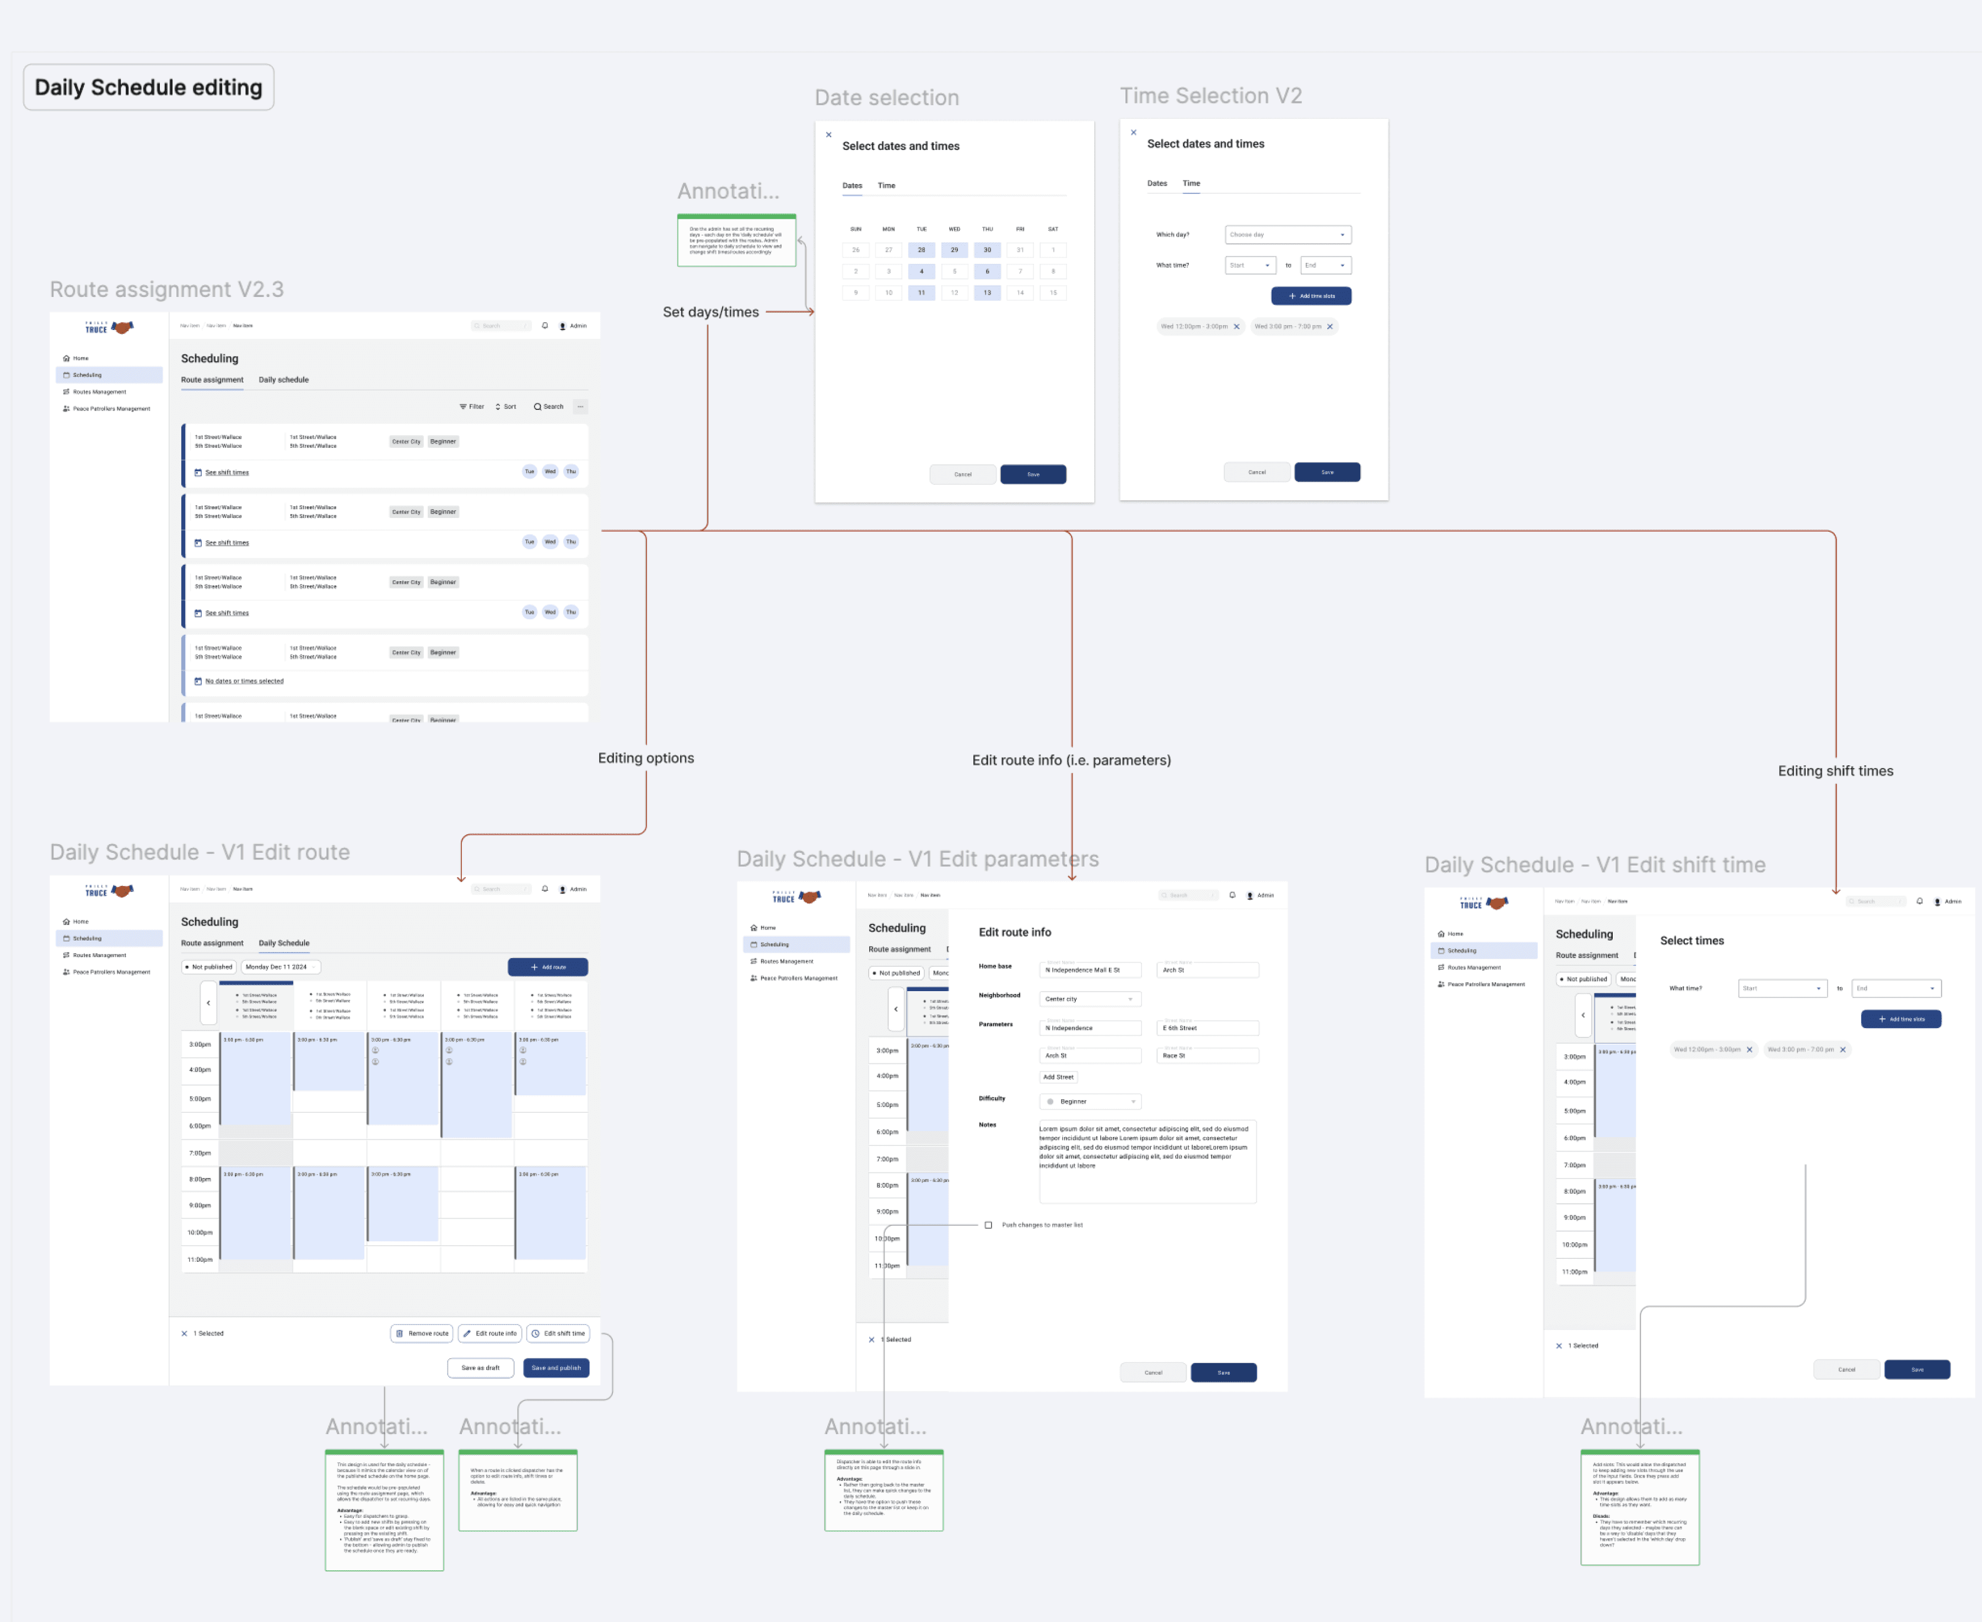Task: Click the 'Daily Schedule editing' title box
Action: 149,87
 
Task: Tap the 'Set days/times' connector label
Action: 710,312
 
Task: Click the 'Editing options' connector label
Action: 646,758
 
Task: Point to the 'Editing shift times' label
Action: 1834,771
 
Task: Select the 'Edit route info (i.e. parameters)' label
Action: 1071,760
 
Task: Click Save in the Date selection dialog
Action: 1032,474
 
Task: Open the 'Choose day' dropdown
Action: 1287,235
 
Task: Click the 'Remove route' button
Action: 422,1333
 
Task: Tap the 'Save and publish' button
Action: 556,1368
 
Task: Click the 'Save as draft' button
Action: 480,1368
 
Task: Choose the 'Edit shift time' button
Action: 558,1333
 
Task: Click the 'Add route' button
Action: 548,967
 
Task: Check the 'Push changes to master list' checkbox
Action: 988,1225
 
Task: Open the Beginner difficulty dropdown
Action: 1090,1101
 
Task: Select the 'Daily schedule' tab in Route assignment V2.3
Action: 283,380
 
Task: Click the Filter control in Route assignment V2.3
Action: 472,407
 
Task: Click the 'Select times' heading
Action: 1692,941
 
